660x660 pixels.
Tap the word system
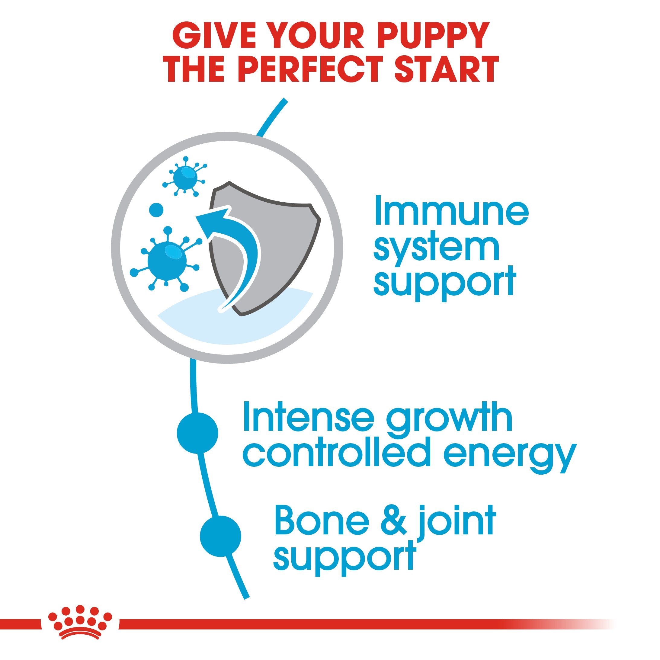tap(436, 248)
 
